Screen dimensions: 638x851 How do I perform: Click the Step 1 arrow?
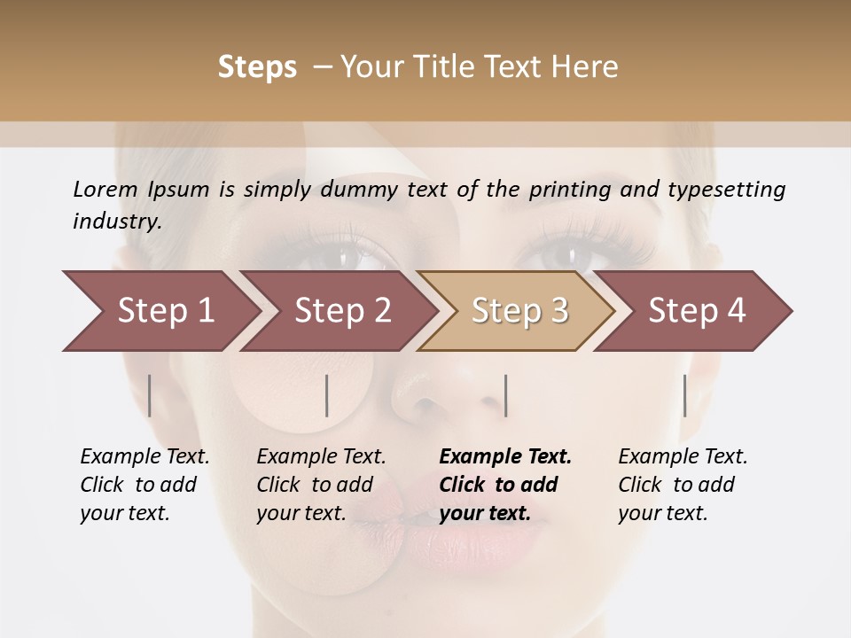(x=165, y=311)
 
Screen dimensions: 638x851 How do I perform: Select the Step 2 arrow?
(x=342, y=311)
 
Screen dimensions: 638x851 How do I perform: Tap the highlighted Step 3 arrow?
(x=519, y=311)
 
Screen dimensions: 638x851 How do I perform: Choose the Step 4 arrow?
(x=697, y=311)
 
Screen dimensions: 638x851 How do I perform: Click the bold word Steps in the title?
(x=257, y=67)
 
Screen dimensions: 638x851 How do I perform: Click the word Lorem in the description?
(x=105, y=189)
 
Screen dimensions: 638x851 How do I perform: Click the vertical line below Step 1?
(x=150, y=395)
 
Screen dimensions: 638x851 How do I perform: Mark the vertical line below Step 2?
(x=327, y=395)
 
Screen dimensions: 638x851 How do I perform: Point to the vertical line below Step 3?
(x=505, y=395)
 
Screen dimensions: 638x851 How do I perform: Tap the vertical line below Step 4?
(x=684, y=395)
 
